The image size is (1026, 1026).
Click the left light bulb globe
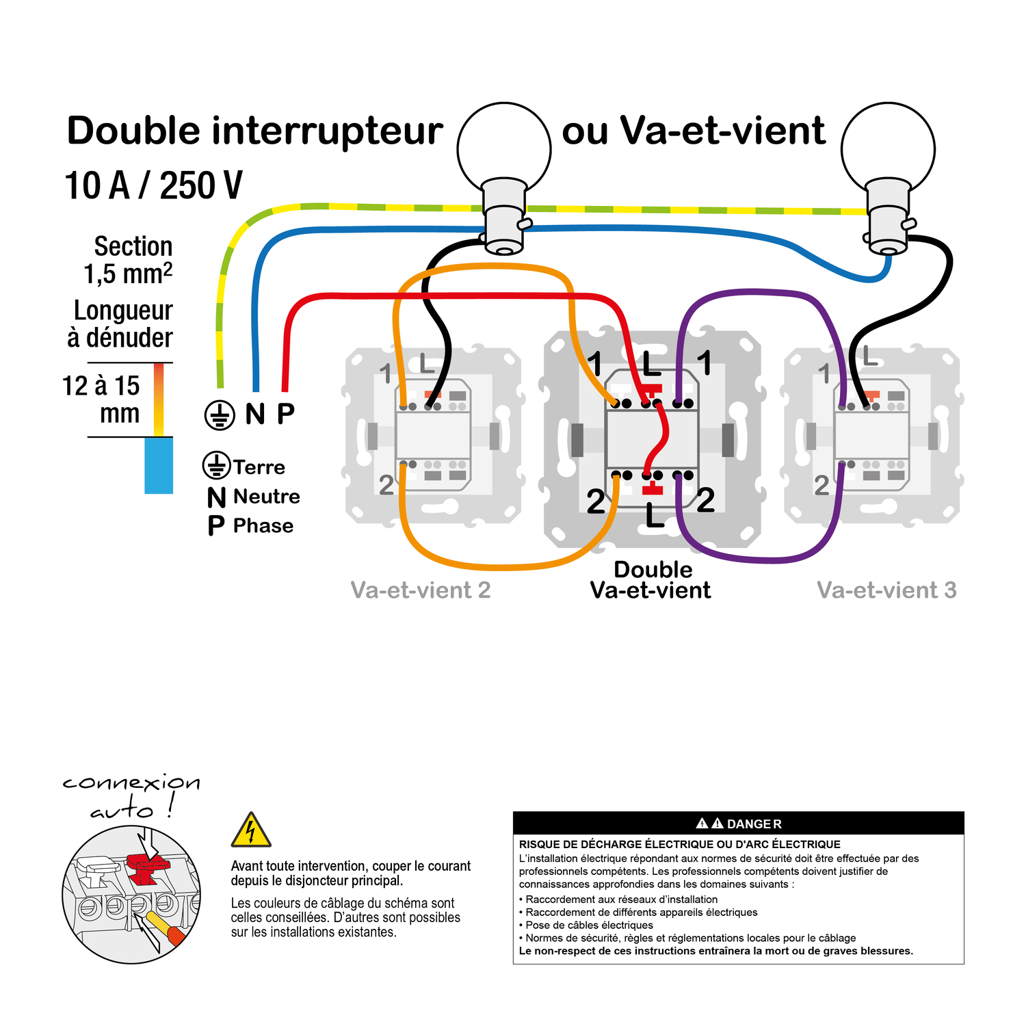click(504, 147)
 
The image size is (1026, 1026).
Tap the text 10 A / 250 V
click(153, 185)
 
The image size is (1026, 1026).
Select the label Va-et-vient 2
click(421, 590)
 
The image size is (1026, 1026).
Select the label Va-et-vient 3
click(886, 590)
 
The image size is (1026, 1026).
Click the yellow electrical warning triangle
click(251, 831)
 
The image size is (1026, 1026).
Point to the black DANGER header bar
click(738, 824)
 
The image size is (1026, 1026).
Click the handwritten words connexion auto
click(131, 795)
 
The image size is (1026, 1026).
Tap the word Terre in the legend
click(259, 467)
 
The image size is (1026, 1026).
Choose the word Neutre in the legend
click(266, 497)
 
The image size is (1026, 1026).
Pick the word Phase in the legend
click(263, 526)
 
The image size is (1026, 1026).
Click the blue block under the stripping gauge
click(159, 465)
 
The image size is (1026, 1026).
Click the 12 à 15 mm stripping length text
click(103, 399)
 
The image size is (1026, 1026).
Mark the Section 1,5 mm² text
click(129, 260)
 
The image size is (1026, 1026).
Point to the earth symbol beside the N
click(220, 415)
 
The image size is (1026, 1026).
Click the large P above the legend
click(286, 413)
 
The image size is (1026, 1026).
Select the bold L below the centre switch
click(655, 516)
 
